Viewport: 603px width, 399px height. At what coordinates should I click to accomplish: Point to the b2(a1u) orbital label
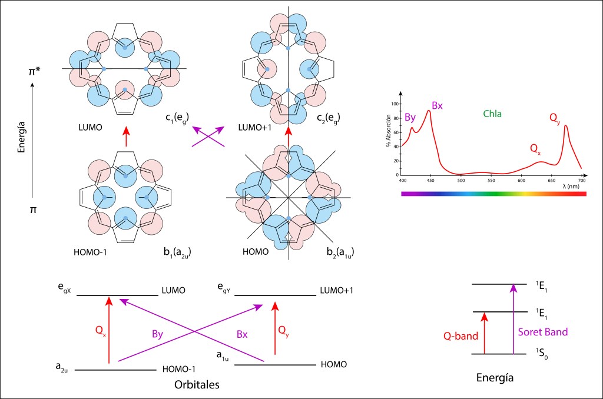340,254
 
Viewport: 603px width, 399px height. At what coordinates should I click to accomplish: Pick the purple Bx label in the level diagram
242,334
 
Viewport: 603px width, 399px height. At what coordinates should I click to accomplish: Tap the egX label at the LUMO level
61,288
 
